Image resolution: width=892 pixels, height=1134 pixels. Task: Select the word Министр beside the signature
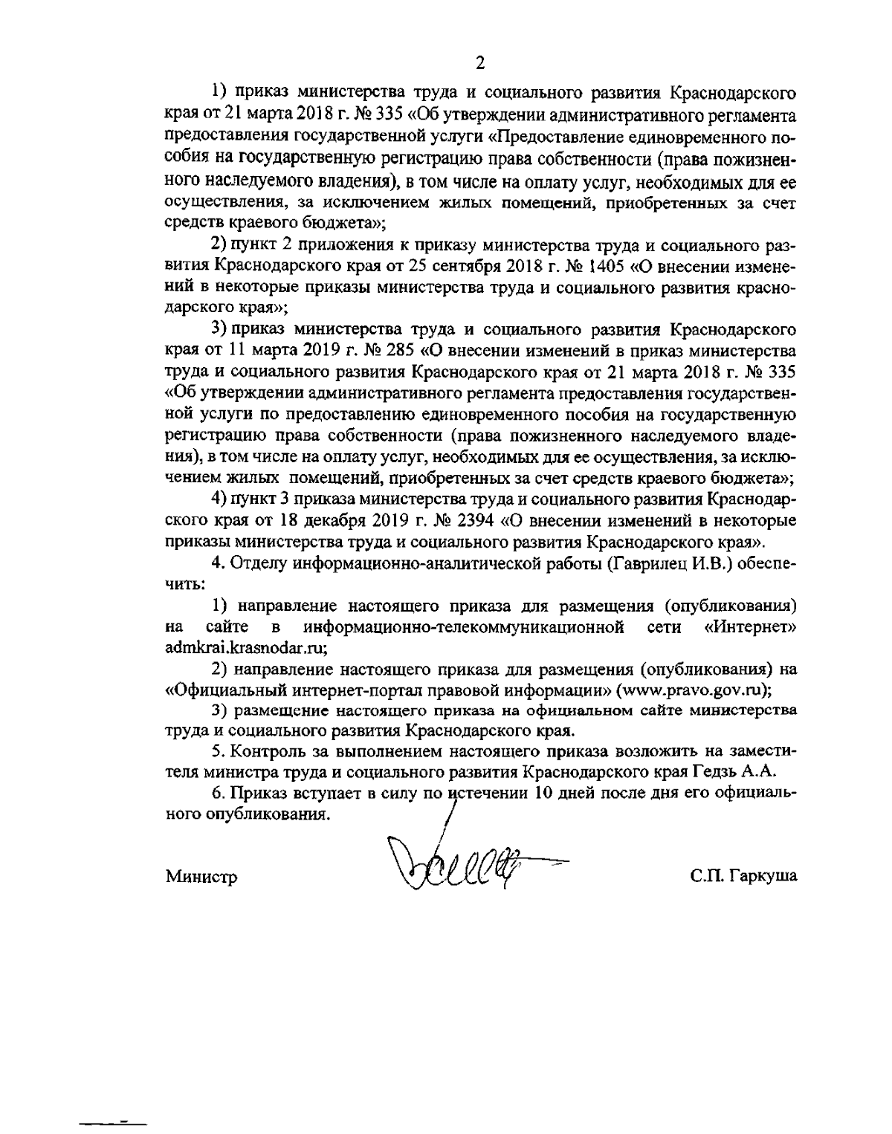click(201, 877)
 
